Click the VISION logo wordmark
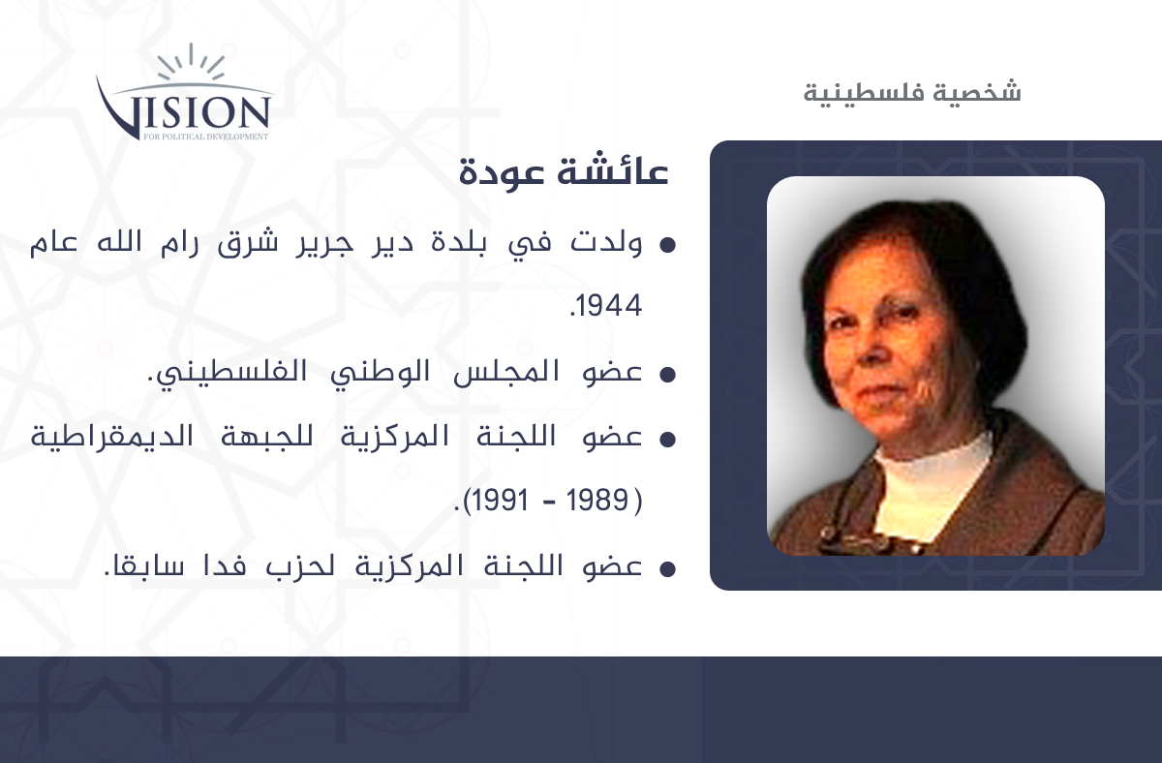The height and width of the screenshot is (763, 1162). (x=184, y=110)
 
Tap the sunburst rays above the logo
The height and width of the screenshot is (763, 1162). (x=191, y=62)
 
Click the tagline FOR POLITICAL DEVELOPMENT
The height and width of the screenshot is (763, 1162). (x=206, y=137)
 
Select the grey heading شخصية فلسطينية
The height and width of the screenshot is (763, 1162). (x=912, y=93)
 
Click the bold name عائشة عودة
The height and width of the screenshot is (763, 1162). (x=564, y=170)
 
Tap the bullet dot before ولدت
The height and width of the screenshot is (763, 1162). (x=667, y=245)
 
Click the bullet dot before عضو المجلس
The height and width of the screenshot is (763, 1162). (x=667, y=375)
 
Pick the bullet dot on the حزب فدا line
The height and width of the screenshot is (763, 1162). (x=667, y=569)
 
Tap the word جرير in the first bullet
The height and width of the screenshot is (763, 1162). (x=324, y=244)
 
